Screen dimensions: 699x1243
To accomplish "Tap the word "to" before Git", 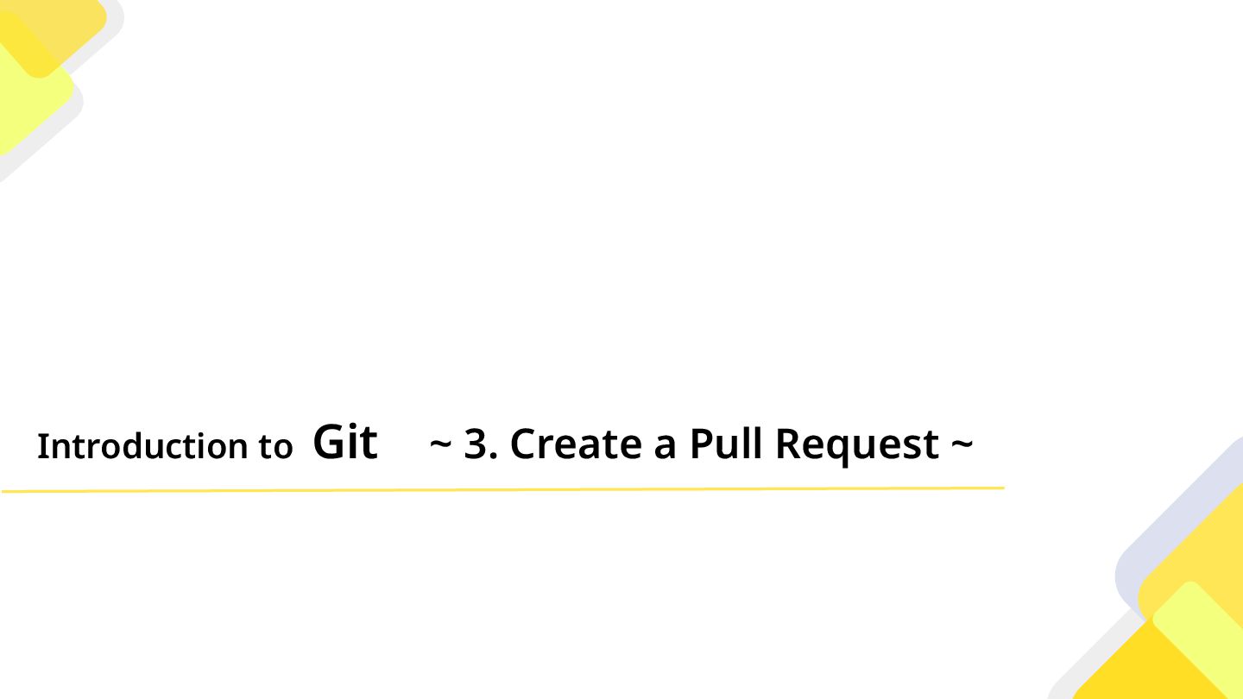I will pyautogui.click(x=275, y=447).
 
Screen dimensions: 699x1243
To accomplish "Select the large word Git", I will pyautogui.click(x=345, y=442).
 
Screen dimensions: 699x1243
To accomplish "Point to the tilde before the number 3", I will pyautogui.click(x=440, y=444).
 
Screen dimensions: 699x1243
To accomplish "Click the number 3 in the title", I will pyautogui.click(x=476, y=444).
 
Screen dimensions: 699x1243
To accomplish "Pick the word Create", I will pyautogui.click(x=575, y=444).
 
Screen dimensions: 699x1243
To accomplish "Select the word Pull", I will pyautogui.click(x=726, y=444).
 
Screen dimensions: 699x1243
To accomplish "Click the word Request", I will pyautogui.click(x=857, y=445).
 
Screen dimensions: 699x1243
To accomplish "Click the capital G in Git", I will pyautogui.click(x=328, y=442).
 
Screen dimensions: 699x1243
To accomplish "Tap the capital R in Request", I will pyautogui.click(x=787, y=444).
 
